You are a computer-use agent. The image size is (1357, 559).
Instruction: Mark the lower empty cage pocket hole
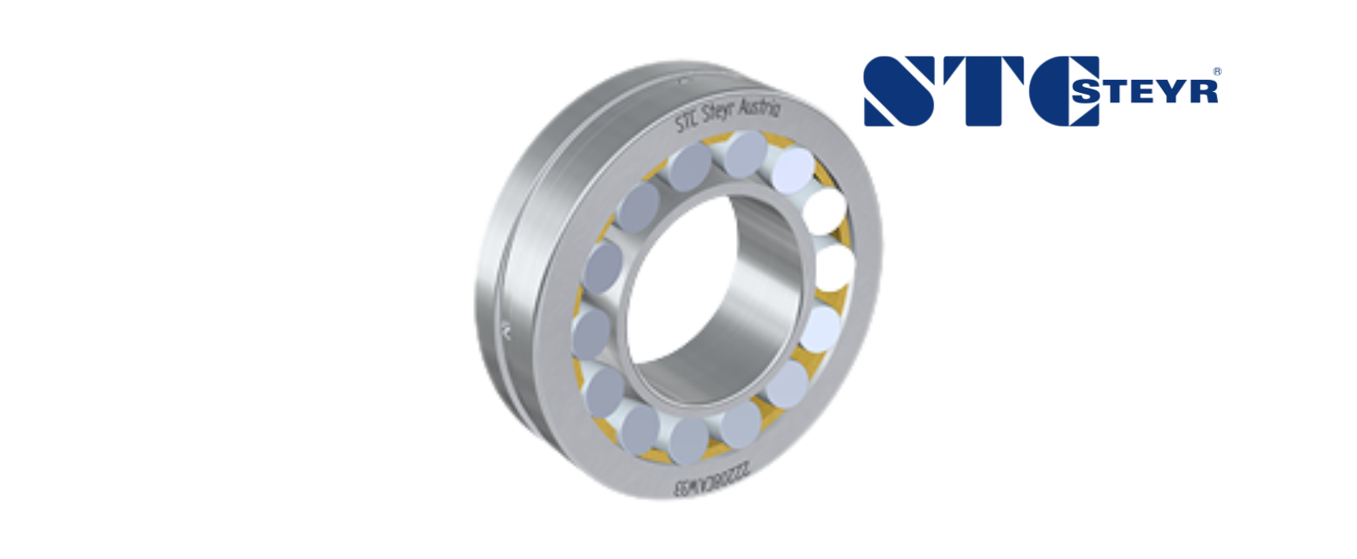tap(834, 268)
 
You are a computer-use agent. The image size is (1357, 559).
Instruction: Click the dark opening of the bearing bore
tap(677, 286)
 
